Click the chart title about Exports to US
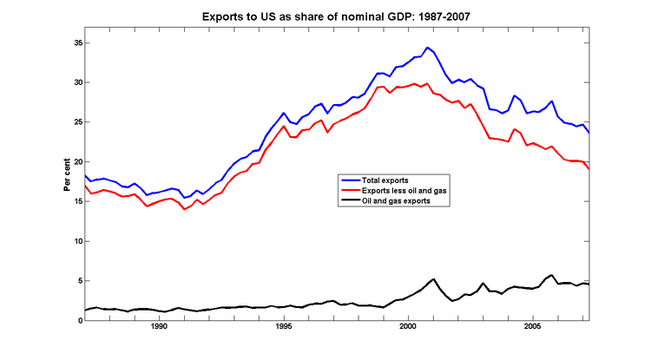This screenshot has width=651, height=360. [325, 16]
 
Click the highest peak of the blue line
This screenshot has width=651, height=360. [427, 48]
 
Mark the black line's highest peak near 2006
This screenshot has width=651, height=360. [551, 275]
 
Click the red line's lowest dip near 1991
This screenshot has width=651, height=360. [184, 209]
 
